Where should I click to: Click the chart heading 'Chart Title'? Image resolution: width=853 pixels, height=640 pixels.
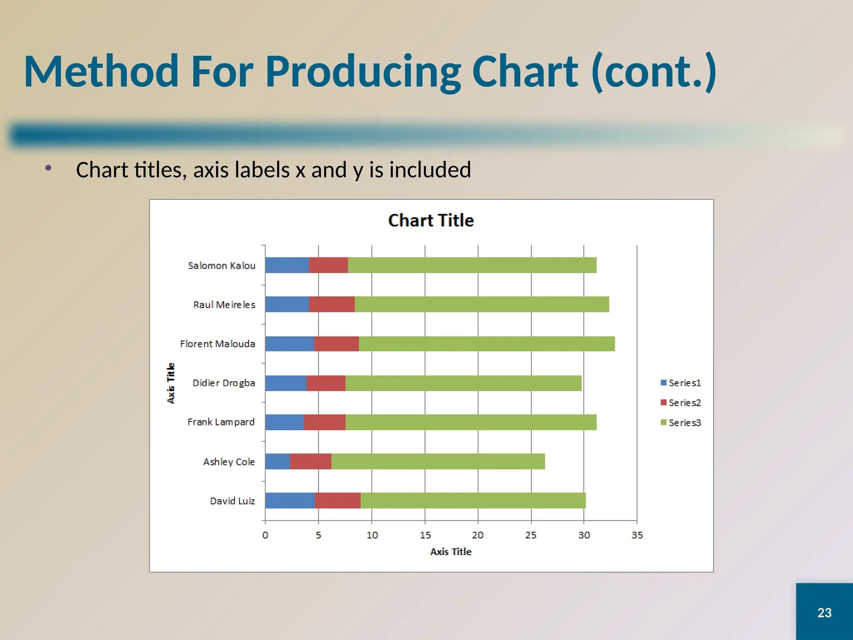click(431, 220)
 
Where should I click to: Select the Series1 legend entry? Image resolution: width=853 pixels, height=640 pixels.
click(681, 382)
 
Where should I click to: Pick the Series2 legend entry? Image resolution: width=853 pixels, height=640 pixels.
click(681, 402)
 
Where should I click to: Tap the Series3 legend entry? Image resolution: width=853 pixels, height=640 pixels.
click(681, 422)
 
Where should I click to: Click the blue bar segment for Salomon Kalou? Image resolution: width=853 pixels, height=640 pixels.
click(287, 265)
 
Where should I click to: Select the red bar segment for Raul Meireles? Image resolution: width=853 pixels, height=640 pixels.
click(332, 304)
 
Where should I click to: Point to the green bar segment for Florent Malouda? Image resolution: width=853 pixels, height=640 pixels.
click(486, 344)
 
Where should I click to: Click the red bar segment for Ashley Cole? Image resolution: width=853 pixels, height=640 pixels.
click(310, 461)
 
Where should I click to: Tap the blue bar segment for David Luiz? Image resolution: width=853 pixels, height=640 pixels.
click(289, 500)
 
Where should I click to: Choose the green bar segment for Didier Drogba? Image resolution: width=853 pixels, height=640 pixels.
click(463, 383)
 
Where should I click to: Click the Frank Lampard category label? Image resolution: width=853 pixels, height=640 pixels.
click(221, 422)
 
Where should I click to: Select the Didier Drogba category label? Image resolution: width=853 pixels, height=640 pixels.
click(224, 383)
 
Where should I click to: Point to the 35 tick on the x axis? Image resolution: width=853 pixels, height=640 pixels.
click(637, 535)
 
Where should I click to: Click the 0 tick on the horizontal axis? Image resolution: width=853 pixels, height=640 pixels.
click(265, 535)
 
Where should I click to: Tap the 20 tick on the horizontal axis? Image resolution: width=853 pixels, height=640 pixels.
click(478, 535)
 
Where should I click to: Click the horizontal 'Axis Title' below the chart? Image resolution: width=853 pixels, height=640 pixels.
click(451, 552)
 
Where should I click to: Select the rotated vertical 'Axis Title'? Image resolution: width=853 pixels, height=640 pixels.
click(171, 383)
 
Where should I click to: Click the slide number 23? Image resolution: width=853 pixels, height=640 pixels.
click(824, 612)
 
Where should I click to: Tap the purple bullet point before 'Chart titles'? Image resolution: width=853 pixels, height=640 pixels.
click(48, 168)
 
